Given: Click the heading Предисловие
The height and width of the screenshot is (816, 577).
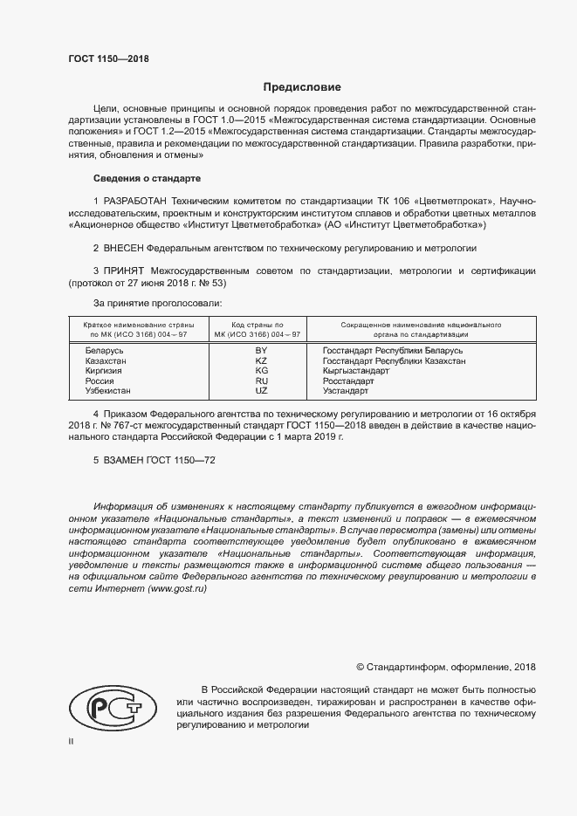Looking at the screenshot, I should click(302, 87).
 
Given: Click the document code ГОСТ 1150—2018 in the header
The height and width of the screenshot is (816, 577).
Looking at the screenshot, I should click(108, 58).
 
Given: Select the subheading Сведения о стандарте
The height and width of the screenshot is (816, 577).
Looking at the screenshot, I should click(147, 178).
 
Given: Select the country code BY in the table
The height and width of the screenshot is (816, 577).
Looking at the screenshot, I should click(260, 350).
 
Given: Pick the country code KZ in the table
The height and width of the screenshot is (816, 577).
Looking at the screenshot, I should click(260, 360).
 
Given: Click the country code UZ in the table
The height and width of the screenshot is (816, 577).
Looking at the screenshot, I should click(260, 392).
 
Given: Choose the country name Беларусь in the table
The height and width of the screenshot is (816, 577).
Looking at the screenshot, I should click(104, 350).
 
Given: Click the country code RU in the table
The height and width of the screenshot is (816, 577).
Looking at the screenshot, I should click(260, 381).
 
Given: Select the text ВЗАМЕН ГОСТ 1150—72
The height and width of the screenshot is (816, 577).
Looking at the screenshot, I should click(155, 459).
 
